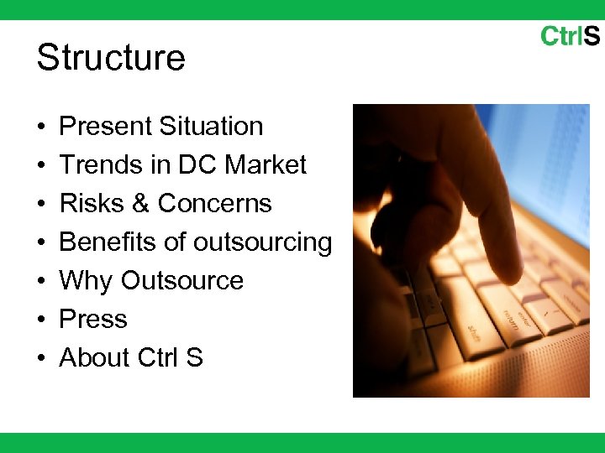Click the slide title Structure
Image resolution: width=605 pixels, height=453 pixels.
point(111,58)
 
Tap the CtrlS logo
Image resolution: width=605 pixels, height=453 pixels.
point(570,36)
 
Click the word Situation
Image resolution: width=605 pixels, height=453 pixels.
point(211,127)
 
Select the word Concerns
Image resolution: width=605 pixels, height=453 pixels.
point(215,204)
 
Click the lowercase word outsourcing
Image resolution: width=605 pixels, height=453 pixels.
point(263,242)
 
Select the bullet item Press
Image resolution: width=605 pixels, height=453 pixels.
point(93,320)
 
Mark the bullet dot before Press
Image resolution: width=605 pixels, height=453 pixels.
point(41,320)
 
